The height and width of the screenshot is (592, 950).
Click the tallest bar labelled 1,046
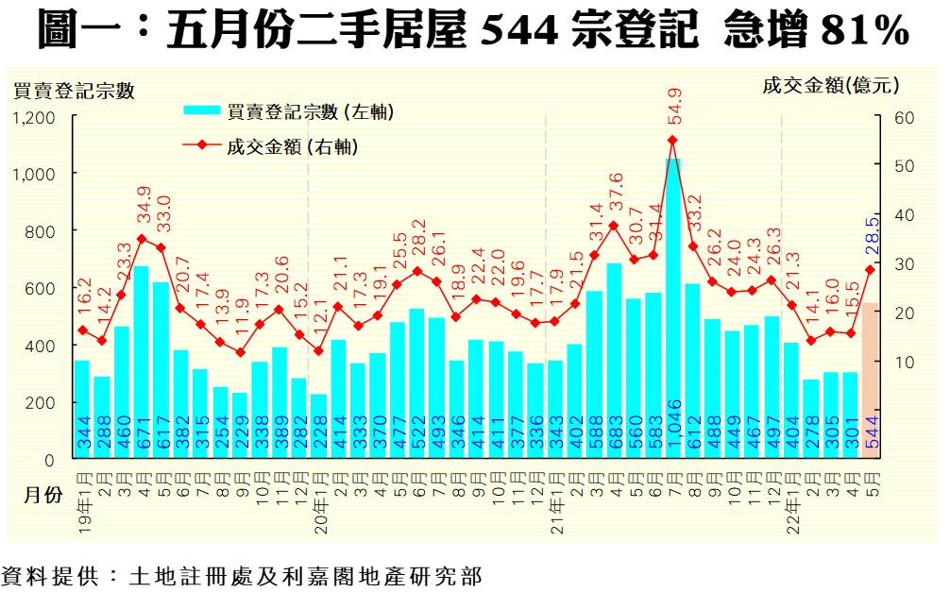672,312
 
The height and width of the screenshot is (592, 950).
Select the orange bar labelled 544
870,382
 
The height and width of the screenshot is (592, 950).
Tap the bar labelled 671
141,364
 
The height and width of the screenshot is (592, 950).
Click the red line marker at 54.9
672,140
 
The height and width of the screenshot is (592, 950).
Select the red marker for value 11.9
240,352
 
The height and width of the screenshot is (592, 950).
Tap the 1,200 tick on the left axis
34,117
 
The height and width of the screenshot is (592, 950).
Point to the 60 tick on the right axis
899,117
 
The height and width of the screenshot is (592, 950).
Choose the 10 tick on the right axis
899,361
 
